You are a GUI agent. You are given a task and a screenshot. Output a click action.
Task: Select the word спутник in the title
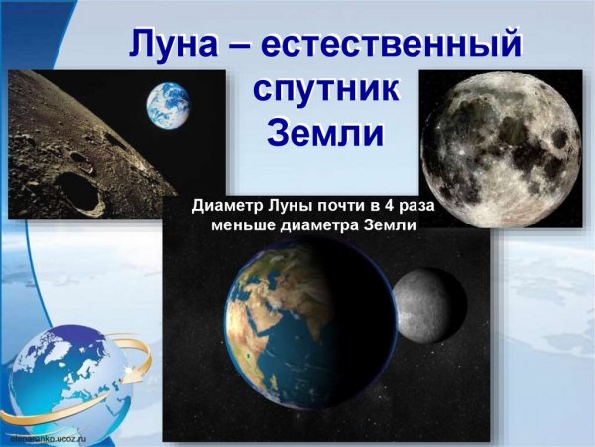325,89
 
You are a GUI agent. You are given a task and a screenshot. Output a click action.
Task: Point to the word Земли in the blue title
325,132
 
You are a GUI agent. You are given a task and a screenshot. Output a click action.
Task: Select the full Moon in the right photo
499,148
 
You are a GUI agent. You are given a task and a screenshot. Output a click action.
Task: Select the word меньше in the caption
244,225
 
